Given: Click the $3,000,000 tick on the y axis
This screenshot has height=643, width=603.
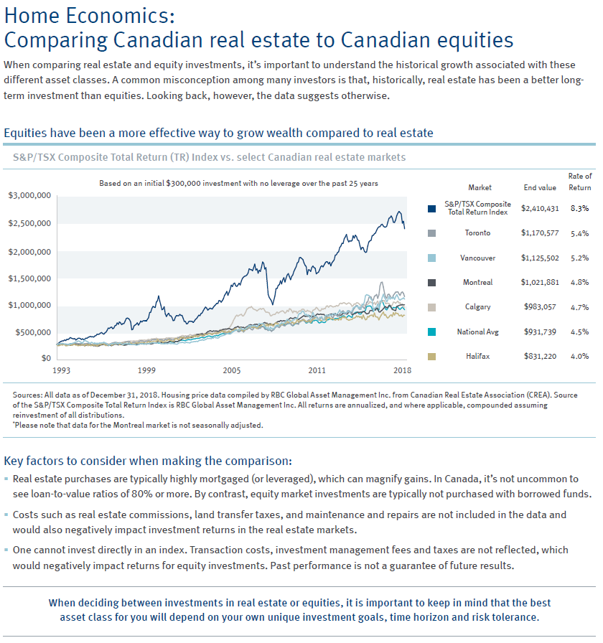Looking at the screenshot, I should tap(28, 195).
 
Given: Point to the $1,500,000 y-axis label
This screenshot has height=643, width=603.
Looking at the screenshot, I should tap(28, 278).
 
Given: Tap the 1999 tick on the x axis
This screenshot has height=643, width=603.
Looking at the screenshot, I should tap(146, 370).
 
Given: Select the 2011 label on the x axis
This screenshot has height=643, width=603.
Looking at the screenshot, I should tap(317, 370).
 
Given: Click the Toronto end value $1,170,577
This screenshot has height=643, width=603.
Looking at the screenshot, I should tap(540, 233).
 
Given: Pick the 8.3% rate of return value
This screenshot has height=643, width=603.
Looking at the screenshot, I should tap(579, 209).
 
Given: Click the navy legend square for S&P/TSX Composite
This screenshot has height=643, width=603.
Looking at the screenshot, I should tap(431, 209).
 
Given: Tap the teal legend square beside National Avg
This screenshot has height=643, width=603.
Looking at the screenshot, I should tap(431, 332).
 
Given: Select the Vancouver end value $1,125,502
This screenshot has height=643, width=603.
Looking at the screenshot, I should tap(540, 258).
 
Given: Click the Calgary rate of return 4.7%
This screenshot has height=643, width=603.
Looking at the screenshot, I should tap(579, 307).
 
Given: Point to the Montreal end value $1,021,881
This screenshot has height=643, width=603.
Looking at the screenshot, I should tap(540, 283).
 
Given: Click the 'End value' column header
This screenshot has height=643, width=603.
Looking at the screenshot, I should tap(540, 188).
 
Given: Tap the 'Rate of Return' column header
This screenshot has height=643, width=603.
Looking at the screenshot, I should tap(580, 182).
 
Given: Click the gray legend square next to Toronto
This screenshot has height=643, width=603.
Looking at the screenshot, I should tap(431, 233).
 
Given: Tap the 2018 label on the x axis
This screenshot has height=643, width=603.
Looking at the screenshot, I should tap(402, 370).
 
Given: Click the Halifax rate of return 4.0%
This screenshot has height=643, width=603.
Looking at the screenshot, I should tap(579, 356).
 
